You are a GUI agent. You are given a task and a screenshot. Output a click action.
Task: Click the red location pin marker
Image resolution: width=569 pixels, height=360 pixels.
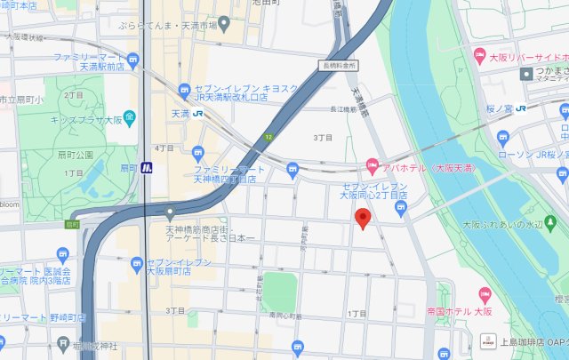pyautogui.click(x=362, y=219)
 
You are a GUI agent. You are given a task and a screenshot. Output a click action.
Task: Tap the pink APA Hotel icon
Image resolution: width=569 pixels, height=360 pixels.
pyautogui.click(x=373, y=165)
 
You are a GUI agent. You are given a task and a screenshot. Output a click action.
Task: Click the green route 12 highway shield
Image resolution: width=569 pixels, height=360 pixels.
pyautogui.click(x=268, y=137)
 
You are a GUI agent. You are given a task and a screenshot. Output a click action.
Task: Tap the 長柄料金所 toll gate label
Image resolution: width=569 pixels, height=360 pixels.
pyautogui.click(x=340, y=65)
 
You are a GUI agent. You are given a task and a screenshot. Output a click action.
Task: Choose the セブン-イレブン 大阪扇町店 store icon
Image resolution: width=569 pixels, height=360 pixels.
pyautogui.click(x=136, y=263)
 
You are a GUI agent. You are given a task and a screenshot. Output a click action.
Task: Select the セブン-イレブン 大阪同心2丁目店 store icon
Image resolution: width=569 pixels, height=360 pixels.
pyautogui.click(x=400, y=210)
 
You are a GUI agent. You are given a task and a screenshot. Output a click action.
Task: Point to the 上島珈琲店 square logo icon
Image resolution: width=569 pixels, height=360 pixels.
pyautogui.click(x=486, y=340)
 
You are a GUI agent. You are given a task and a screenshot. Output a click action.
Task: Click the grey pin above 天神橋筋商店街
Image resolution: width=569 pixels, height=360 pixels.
pyautogui.click(x=170, y=213)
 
